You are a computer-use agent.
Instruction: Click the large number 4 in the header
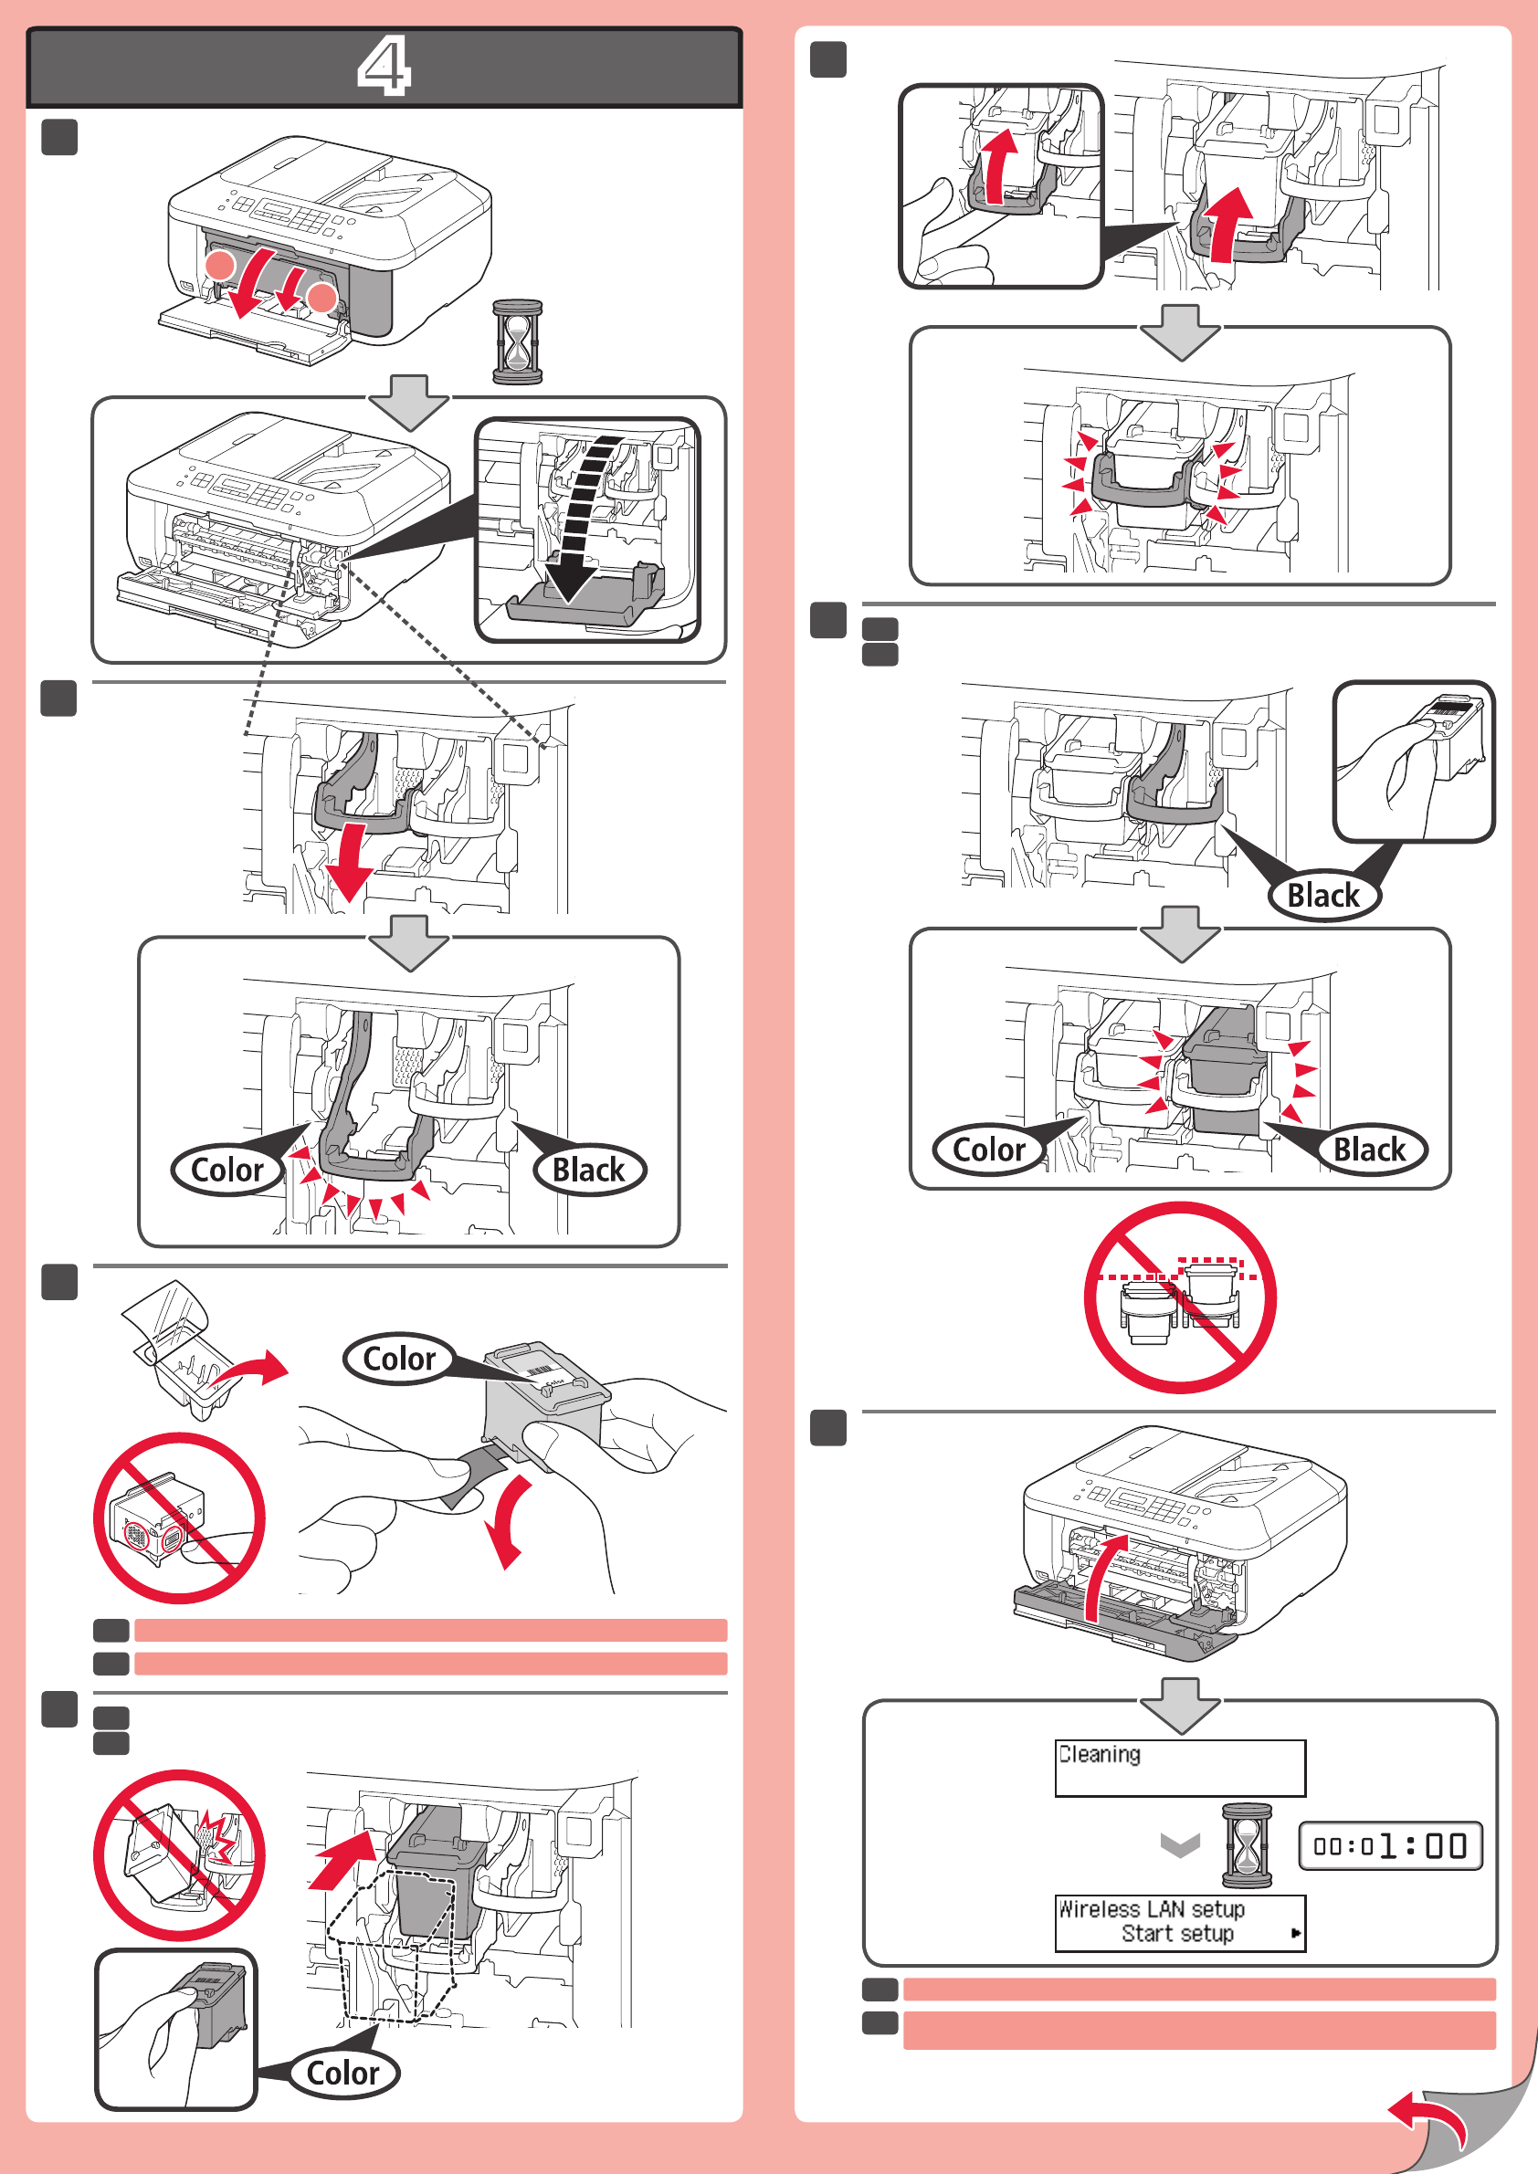[x=384, y=66]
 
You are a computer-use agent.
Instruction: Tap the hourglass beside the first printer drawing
[x=517, y=341]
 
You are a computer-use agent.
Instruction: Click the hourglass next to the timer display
[x=1247, y=1845]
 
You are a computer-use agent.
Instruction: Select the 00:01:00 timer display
[x=1389, y=1845]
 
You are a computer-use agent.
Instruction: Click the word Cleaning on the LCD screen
[x=1100, y=1755]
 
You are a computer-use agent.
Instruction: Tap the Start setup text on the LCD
[x=1177, y=1934]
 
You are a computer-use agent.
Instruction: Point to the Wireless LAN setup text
[x=1151, y=1909]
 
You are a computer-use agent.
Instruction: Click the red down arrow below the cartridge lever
[x=349, y=862]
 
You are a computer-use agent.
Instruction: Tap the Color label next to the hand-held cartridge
[x=399, y=1359]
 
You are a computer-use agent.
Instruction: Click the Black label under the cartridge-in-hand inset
[x=1323, y=895]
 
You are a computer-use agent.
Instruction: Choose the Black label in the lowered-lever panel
[x=588, y=1171]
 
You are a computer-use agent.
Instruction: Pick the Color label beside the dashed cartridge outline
[x=342, y=2073]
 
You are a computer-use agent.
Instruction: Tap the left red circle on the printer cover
[x=220, y=265]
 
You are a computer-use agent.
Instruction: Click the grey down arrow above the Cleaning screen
[x=1180, y=1706]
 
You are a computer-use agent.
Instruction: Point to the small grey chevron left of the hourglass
[x=1180, y=1845]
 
